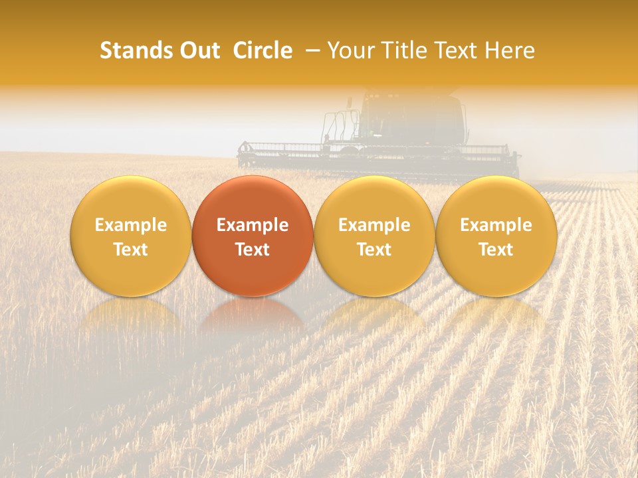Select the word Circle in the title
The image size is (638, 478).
(x=263, y=50)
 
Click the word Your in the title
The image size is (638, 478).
(x=348, y=50)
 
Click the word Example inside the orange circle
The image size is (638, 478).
(x=253, y=225)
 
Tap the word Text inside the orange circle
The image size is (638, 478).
(x=253, y=250)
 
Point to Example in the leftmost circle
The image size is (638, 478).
(x=131, y=225)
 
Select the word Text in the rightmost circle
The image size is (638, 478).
(x=496, y=250)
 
